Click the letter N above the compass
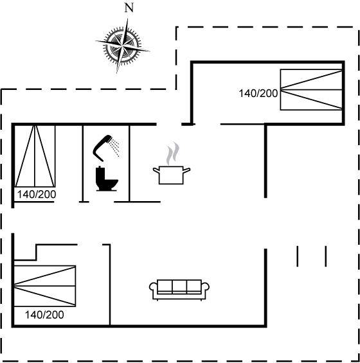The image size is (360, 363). (x=129, y=8)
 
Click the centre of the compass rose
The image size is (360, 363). (x=122, y=46)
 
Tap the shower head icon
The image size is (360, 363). (x=103, y=148)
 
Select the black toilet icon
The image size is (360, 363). (x=107, y=179)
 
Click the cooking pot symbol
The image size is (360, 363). (x=172, y=175)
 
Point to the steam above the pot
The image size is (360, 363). (x=173, y=154)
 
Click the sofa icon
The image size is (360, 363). (x=179, y=290)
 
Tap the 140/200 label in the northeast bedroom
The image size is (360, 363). (x=258, y=94)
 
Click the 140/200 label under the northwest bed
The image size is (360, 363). (x=37, y=195)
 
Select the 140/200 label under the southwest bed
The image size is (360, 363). (x=44, y=315)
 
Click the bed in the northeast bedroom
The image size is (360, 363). (x=311, y=89)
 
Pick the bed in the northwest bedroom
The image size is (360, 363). (x=35, y=156)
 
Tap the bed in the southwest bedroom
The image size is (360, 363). (x=45, y=286)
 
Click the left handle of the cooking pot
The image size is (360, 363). (x=156, y=171)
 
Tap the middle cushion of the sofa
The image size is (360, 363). (x=179, y=287)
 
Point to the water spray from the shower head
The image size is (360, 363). (x=115, y=146)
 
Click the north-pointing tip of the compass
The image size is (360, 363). (x=127, y=19)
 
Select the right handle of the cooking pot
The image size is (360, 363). (x=186, y=170)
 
